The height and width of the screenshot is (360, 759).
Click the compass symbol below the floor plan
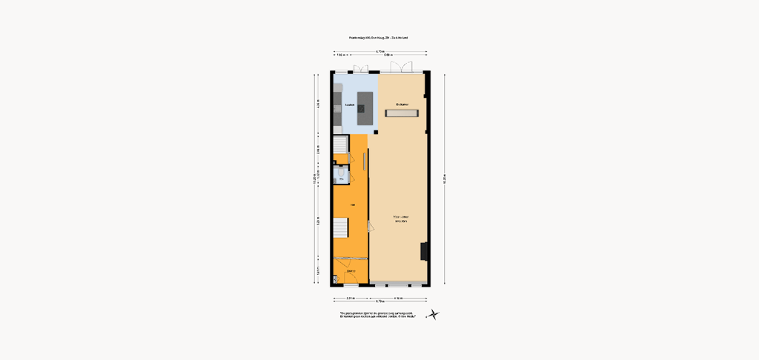coord(434,315)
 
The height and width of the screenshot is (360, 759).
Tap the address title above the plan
coord(379,37)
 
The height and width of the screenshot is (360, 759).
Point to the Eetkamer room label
coord(402,104)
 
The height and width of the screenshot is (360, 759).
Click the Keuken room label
coord(348,106)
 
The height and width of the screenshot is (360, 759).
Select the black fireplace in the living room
coord(423,250)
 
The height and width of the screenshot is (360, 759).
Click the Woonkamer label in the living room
coord(400,217)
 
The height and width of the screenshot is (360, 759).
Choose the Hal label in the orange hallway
coord(352,205)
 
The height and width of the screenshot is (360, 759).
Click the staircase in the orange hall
coord(340,228)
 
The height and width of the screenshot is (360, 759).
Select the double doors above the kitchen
coord(360,69)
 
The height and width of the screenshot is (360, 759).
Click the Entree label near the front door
coord(351,271)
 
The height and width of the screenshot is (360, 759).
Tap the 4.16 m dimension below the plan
coord(399,298)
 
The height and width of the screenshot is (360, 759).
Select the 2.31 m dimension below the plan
coord(350,298)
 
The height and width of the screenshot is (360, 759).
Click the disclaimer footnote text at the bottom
coord(378,315)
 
